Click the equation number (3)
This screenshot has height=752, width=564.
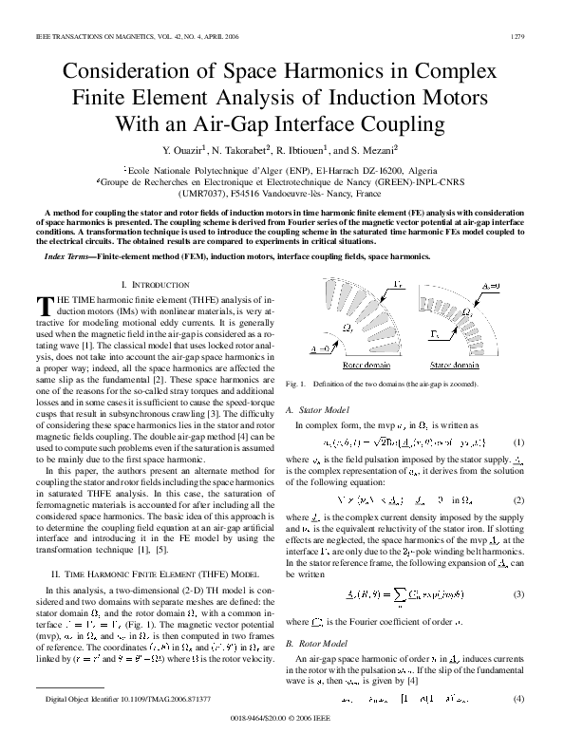click(x=518, y=593)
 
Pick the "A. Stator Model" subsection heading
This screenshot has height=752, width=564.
click(x=319, y=409)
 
